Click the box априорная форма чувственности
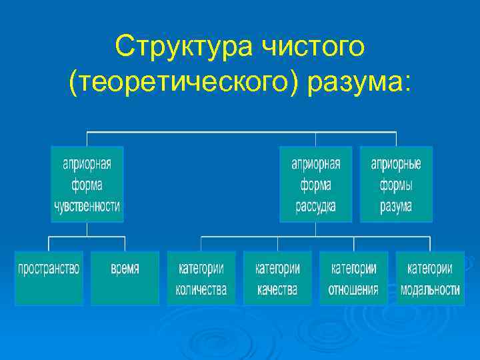coord(87,185)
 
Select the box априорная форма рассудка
coord(316,185)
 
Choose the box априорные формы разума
coord(396,185)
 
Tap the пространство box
coord(49,277)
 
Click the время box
coord(125,277)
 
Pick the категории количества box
coord(201,277)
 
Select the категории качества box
coord(277,277)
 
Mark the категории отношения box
coord(353,277)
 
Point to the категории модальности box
coord(430,277)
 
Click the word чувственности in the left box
coord(87,206)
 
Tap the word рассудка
coord(316,206)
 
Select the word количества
coord(201,290)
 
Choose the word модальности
coord(430,290)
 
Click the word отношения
coord(353,290)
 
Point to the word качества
coord(277,290)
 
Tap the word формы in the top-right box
coord(396,185)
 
